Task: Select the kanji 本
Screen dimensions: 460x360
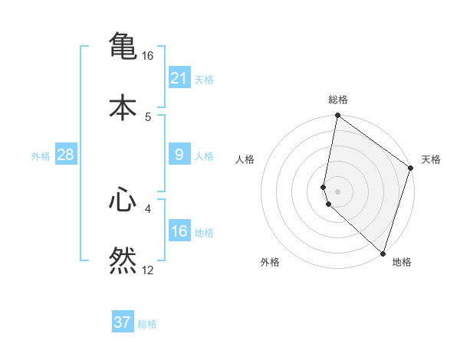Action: point(123,106)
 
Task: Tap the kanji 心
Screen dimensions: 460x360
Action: point(123,200)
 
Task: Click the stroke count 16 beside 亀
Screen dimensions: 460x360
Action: point(148,56)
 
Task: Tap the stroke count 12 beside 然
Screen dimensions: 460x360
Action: point(148,270)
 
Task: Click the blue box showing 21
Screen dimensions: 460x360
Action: point(179,77)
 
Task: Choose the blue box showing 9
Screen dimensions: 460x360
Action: point(179,155)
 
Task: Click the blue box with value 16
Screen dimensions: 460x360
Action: point(179,231)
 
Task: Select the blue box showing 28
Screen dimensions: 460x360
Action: point(65,155)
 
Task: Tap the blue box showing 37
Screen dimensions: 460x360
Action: point(123,322)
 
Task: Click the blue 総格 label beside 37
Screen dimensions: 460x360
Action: point(147,324)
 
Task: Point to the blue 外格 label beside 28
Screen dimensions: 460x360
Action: point(41,156)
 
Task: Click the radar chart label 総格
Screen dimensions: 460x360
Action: point(338,100)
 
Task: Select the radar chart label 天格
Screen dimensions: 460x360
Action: point(431,159)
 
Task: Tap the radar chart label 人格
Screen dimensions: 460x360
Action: point(245,159)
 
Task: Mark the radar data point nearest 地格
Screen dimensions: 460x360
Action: point(383,253)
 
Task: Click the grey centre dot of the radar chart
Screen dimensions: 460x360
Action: point(338,191)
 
